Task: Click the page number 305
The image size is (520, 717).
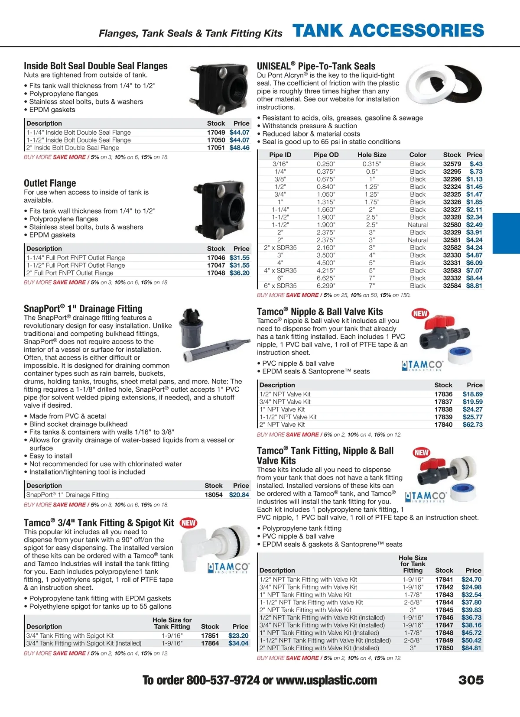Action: point(471,680)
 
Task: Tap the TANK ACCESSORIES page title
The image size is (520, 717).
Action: point(388,31)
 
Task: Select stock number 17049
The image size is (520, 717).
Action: point(216,133)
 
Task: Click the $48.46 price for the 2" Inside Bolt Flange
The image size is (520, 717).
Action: point(240,148)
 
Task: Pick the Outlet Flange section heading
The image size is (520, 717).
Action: point(50,183)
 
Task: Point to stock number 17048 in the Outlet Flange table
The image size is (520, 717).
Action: point(216,273)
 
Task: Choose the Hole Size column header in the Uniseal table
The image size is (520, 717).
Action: point(372,155)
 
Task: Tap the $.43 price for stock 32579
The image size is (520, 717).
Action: point(476,164)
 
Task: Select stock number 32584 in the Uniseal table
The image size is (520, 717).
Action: point(452,286)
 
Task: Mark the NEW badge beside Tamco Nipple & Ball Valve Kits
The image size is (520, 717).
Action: point(420,313)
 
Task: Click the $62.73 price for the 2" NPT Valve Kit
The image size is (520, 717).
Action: point(472,425)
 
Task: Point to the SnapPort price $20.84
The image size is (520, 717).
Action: point(239,495)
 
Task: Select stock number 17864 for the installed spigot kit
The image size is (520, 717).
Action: point(210,643)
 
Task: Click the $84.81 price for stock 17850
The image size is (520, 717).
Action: point(471,648)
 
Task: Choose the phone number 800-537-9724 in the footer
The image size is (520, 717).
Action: point(223,680)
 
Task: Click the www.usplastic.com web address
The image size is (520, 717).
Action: point(326,680)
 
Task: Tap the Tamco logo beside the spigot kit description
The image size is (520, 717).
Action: point(228,568)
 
